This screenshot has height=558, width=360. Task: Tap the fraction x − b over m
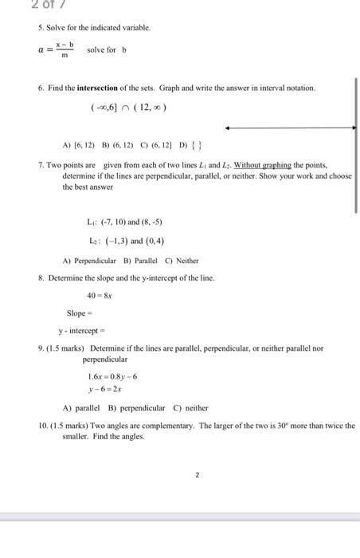tap(65, 49)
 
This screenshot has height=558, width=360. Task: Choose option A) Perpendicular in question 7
tap(90, 261)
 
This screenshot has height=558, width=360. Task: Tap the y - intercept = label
tap(82, 330)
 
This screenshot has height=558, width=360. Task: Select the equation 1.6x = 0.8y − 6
tap(112, 376)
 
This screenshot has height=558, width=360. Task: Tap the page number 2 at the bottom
tap(195, 474)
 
